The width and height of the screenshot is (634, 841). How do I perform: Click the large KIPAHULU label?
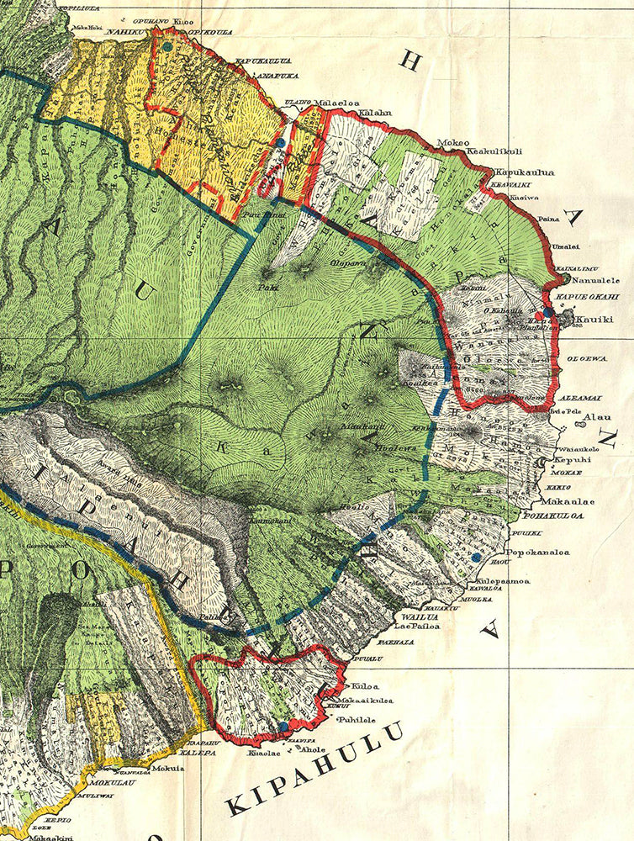(314, 772)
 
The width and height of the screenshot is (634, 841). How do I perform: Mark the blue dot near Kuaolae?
(283, 725)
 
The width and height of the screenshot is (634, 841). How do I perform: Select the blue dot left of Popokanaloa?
(477, 557)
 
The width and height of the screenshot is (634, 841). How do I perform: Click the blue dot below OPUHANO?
(167, 48)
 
